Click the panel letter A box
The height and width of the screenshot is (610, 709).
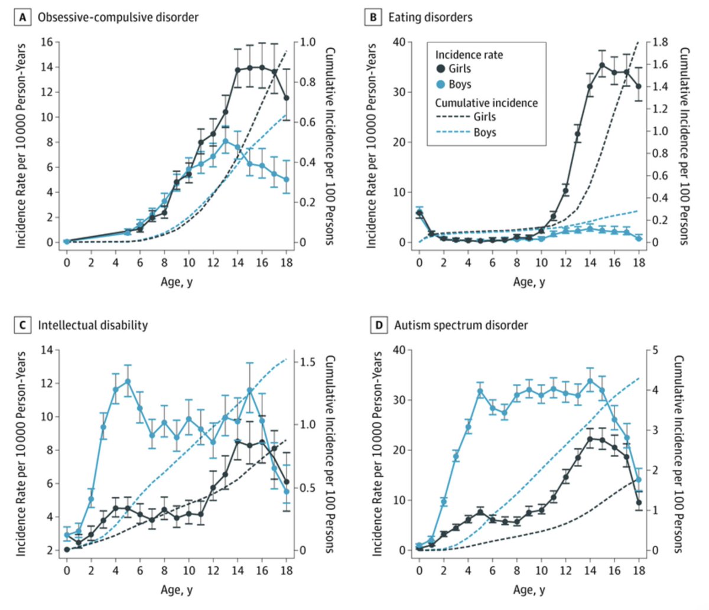[23, 17]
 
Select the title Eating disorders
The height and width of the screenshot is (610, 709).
[430, 17]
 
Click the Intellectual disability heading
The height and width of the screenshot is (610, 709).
[93, 325]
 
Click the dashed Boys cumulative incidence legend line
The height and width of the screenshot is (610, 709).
[453, 133]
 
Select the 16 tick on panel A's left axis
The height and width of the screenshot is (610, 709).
[47, 42]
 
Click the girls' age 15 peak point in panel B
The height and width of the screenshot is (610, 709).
[602, 65]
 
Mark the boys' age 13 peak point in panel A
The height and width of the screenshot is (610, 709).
[226, 141]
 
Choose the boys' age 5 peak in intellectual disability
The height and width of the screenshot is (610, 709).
[128, 381]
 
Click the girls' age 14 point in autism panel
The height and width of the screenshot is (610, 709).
[590, 439]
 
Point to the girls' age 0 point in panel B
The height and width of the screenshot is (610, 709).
[419, 213]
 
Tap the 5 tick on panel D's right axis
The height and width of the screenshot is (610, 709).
[655, 350]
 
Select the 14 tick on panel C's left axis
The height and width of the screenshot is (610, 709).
[47, 350]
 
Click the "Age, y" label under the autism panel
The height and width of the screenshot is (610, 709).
[529, 589]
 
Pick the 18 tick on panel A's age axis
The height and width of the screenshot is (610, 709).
[287, 263]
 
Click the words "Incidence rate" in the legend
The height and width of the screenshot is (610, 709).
[469, 54]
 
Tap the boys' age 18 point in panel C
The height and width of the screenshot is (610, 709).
[287, 491]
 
